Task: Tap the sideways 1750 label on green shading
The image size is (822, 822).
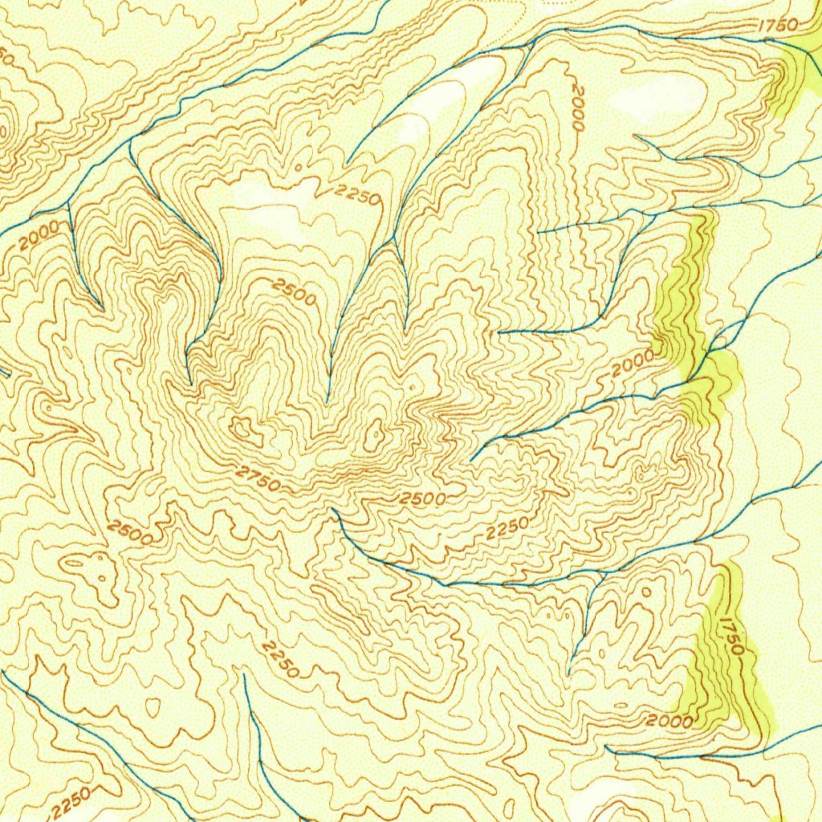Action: click(733, 635)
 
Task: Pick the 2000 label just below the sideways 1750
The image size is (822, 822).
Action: click(669, 720)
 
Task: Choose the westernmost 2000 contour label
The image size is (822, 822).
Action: click(38, 234)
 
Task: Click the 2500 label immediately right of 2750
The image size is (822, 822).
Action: click(423, 498)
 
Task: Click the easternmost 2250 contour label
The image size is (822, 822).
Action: click(507, 529)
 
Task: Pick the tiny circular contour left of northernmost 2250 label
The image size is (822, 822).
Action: click(299, 168)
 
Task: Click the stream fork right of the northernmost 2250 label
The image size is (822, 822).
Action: click(393, 240)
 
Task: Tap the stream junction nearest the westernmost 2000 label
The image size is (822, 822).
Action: click(69, 203)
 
